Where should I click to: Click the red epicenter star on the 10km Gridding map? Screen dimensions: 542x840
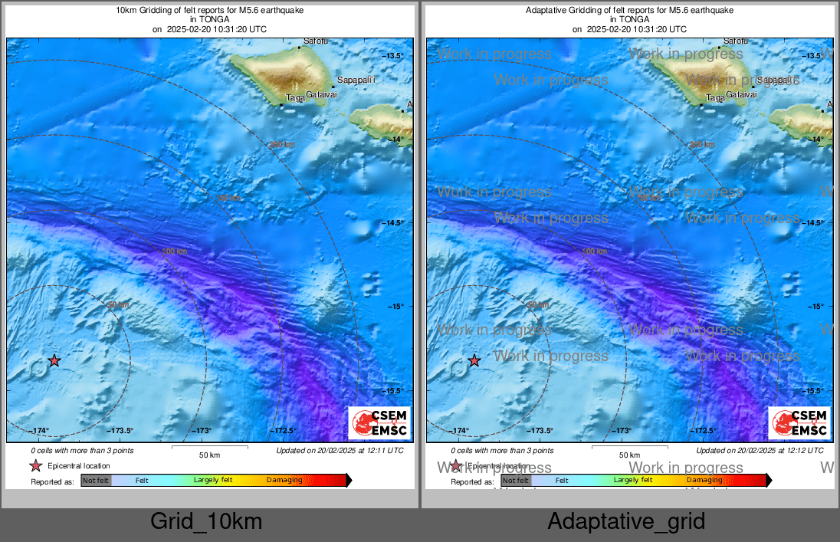(54, 360)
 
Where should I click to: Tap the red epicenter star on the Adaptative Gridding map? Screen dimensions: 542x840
(474, 360)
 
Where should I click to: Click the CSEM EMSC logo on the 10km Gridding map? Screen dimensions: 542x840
(379, 423)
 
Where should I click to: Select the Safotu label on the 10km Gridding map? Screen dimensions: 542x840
(316, 41)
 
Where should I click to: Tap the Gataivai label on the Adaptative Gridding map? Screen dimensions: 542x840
(741, 94)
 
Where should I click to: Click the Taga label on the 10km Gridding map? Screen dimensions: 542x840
(296, 97)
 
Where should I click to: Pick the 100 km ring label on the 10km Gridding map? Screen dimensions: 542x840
(175, 251)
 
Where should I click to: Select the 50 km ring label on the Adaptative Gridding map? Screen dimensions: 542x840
(539, 305)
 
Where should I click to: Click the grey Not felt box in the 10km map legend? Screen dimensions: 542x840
(96, 481)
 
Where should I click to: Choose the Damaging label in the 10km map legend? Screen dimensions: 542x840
(284, 481)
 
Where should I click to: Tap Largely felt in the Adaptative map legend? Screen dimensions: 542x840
(633, 480)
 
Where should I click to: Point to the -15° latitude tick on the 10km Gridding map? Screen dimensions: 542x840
(393, 307)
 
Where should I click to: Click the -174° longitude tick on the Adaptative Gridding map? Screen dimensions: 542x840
(459, 430)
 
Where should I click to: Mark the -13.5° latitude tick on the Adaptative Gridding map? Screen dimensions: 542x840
(813, 56)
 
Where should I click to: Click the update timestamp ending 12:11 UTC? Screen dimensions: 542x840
(340, 451)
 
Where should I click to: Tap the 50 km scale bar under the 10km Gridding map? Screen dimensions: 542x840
(209, 448)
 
